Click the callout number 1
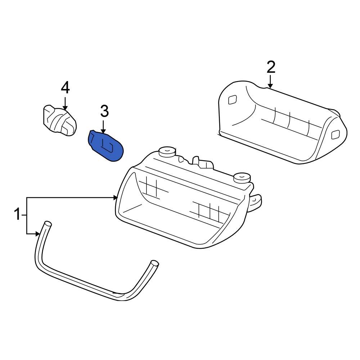point(17,215)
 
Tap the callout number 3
point(104,112)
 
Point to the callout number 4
point(65,87)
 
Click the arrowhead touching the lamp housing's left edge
point(116,197)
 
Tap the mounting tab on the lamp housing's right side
point(258,202)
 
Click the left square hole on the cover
point(232,100)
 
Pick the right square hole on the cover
point(335,135)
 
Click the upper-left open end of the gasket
point(47,224)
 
